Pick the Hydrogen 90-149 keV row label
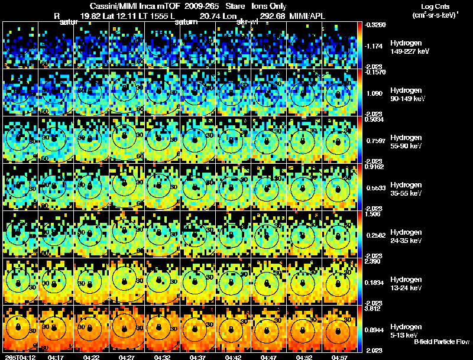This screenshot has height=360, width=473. (409, 94)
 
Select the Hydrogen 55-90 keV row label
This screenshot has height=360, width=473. (407, 141)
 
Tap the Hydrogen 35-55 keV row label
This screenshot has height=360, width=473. (407, 189)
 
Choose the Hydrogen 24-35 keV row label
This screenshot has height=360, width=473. (407, 236)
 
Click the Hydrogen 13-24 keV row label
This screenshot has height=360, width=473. (407, 283)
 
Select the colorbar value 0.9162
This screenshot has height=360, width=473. (374, 167)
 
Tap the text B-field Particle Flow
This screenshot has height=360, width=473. (442, 342)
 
